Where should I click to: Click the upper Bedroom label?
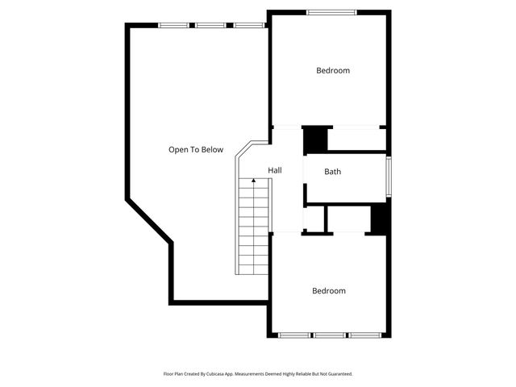click(332, 71)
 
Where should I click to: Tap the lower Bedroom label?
click(329, 291)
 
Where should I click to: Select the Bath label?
click(333, 172)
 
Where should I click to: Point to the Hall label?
click(275, 171)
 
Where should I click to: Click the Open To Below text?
click(196, 149)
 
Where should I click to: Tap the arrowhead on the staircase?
click(254, 181)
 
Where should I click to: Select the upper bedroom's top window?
click(331, 12)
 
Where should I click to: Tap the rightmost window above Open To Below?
click(249, 25)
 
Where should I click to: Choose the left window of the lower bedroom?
click(295, 335)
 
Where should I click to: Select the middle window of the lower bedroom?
click(330, 335)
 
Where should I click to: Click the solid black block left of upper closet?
click(315, 139)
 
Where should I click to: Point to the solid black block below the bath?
click(379, 219)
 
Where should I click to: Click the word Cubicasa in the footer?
click(216, 374)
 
